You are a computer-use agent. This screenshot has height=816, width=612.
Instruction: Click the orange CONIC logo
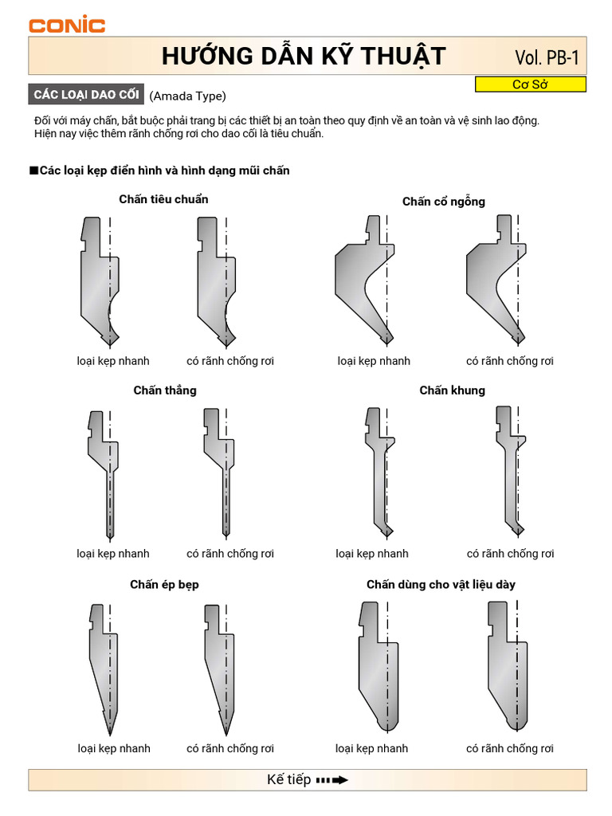[x=67, y=25]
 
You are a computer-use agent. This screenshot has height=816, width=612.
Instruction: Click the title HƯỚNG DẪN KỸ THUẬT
[x=304, y=57]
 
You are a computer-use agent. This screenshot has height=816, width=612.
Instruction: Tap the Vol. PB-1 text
[x=547, y=57]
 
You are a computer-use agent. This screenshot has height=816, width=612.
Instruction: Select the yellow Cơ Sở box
[x=530, y=84]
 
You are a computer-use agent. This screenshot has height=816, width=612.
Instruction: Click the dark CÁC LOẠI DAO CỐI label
[x=86, y=94]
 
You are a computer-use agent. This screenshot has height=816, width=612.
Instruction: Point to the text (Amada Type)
[x=187, y=96]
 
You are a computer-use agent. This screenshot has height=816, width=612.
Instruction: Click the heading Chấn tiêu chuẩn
[x=163, y=199]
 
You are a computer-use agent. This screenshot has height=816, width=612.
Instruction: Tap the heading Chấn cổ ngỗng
[x=443, y=202]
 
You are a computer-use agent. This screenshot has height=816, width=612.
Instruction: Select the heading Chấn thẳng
[x=165, y=390]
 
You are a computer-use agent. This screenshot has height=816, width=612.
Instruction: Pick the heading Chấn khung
[x=453, y=390]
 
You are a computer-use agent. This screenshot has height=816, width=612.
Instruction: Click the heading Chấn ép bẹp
[x=164, y=584]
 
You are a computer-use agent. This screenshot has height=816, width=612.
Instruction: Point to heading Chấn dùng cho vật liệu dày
[x=441, y=584]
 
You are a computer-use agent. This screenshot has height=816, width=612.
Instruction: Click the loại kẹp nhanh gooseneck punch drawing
[x=364, y=280]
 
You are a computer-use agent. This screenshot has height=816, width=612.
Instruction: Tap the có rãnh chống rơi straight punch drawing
[x=218, y=473]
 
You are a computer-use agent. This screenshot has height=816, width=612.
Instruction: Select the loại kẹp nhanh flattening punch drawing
[x=104, y=669]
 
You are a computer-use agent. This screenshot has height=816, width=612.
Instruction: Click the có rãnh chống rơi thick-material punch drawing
[x=508, y=666]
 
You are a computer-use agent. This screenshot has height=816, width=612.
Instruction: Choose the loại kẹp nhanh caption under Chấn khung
[x=372, y=554]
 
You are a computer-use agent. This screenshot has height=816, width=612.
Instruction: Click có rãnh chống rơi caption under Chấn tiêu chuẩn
[x=230, y=361]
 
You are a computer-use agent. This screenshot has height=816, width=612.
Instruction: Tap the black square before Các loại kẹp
[x=33, y=171]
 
